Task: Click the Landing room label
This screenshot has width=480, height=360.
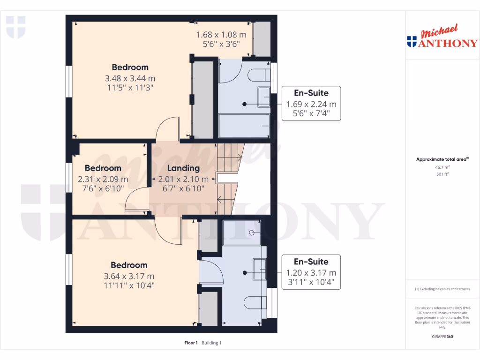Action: [x=183, y=168]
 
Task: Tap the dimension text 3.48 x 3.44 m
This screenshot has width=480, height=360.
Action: [x=130, y=78]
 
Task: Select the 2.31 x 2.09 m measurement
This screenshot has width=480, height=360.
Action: [x=103, y=179]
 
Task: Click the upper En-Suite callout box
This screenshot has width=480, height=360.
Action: [x=311, y=104]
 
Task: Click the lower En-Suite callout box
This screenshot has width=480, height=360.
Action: [x=311, y=272]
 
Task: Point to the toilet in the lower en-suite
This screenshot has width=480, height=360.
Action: [x=256, y=304]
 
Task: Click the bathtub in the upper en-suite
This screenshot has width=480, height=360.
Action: [x=244, y=126]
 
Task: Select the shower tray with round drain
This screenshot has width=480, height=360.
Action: [x=242, y=232]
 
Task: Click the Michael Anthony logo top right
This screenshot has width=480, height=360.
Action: [x=442, y=37]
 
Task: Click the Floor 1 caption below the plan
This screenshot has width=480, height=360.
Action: [x=191, y=343]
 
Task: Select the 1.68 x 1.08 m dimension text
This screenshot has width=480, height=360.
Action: [x=221, y=35]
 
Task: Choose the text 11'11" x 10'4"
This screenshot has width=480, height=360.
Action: [x=129, y=285]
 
